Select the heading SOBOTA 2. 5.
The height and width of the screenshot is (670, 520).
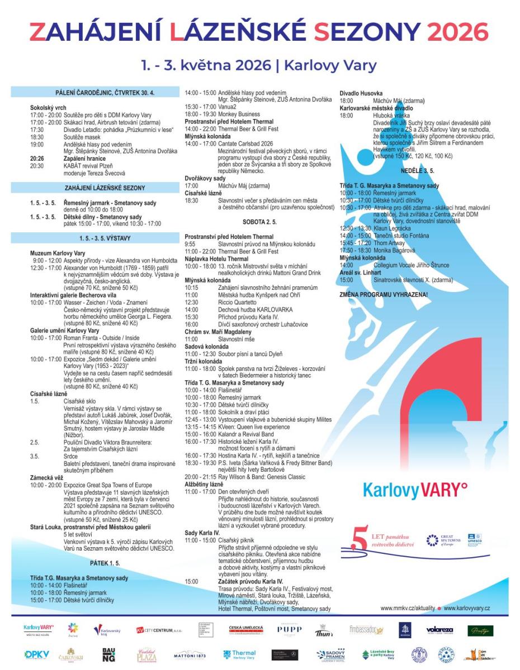259,222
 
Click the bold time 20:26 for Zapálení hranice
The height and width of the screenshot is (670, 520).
36,158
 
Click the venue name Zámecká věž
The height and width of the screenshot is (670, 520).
48,478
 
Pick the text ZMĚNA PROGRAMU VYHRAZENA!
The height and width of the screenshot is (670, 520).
383,294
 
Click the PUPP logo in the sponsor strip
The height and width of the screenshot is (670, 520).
289,630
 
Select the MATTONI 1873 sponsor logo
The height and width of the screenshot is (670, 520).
190,654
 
